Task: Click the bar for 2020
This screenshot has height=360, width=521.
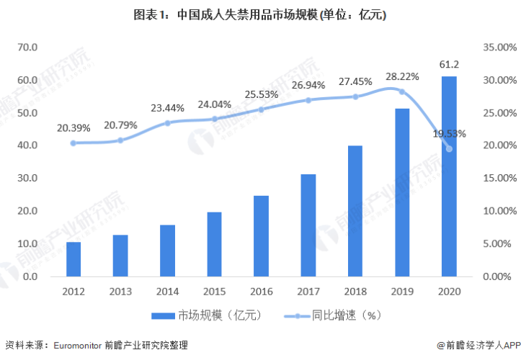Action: point(449,176)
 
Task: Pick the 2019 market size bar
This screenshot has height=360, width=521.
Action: point(402,192)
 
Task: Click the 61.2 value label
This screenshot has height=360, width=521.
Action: point(449,65)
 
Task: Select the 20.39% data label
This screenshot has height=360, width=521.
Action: point(74,128)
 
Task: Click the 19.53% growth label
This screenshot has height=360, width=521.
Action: point(449,133)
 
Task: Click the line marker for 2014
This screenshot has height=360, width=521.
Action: point(167,123)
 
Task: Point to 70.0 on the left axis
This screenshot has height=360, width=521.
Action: point(27,48)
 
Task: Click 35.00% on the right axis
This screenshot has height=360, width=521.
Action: point(495,48)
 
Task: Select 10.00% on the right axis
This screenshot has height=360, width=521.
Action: point(495,211)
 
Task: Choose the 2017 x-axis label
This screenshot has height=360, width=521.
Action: point(308,290)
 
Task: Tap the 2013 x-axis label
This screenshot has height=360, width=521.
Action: point(120,290)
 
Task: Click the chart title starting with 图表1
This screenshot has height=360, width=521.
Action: point(261,14)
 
